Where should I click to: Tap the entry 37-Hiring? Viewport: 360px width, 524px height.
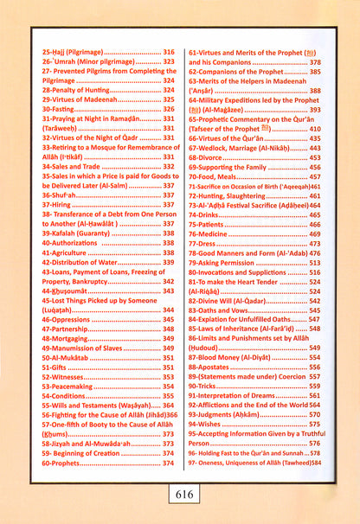[x=56, y=208]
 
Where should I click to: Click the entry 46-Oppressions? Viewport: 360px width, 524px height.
[x=67, y=317]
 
